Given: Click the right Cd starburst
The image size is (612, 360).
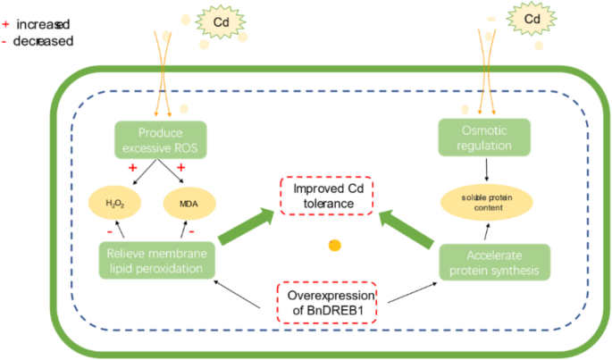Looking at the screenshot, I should [532, 19].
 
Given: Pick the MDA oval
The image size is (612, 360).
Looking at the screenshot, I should [188, 203].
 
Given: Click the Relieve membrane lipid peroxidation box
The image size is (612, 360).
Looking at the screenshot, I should [156, 261].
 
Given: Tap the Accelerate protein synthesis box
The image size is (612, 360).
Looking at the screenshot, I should [494, 261].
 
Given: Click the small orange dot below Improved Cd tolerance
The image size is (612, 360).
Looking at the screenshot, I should [334, 246].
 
